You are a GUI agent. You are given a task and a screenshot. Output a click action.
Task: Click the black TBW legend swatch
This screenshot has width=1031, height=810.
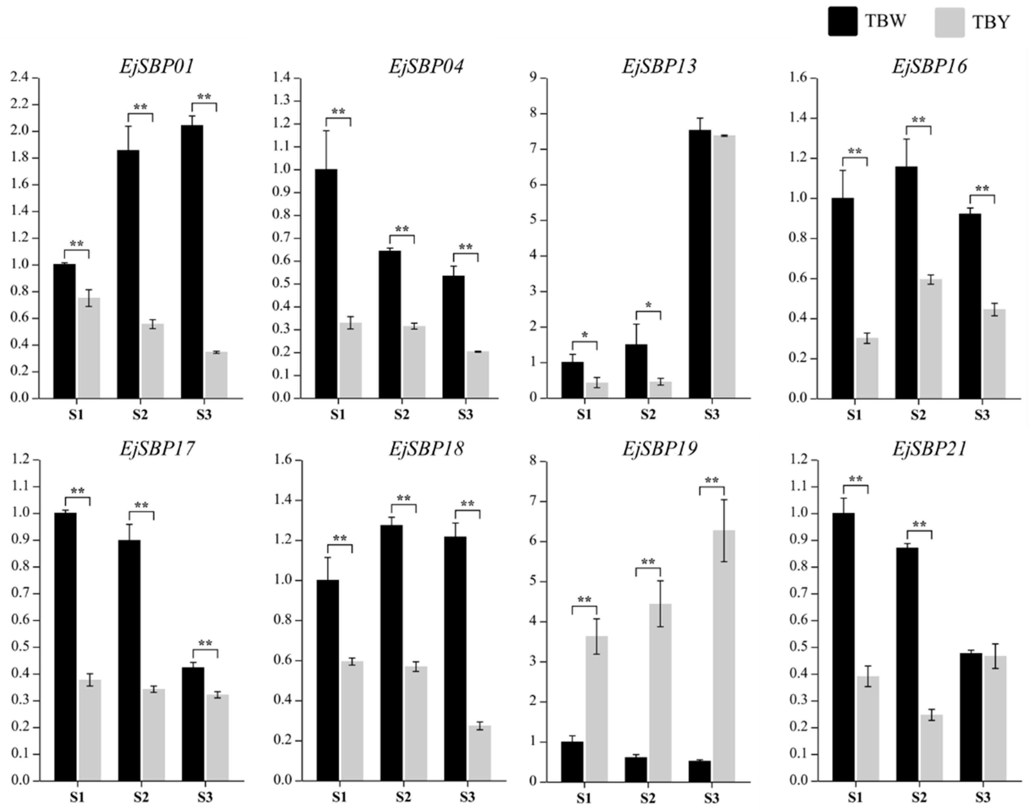(x=842, y=21)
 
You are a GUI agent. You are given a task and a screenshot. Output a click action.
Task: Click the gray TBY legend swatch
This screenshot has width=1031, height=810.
(x=949, y=22)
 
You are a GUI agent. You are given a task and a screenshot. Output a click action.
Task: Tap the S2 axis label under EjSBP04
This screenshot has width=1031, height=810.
(x=402, y=415)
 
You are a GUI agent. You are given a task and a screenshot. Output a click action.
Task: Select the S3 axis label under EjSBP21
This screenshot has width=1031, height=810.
(x=982, y=798)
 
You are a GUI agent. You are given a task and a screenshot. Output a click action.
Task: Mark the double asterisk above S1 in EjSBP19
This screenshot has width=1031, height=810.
(x=584, y=600)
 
